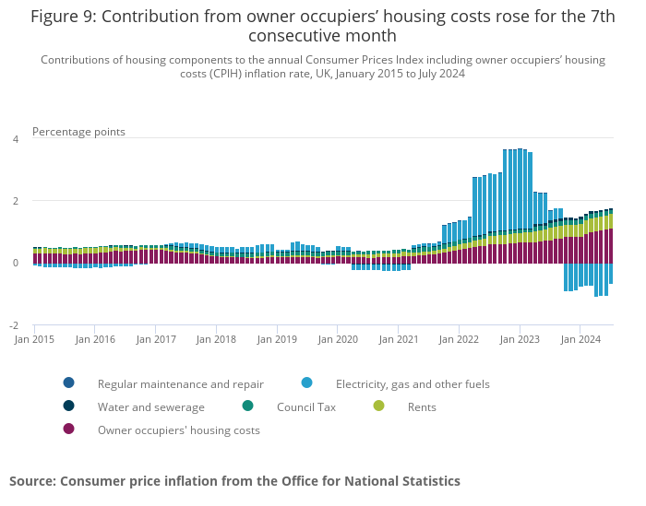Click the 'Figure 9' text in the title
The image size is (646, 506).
(x=64, y=17)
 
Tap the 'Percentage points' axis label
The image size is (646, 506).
(x=78, y=132)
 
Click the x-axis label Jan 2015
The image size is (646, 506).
(x=35, y=339)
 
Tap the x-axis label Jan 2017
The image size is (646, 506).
(x=156, y=339)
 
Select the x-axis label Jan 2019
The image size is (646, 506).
(x=277, y=339)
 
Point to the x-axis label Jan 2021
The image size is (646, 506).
(x=398, y=339)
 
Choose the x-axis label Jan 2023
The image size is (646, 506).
(x=520, y=339)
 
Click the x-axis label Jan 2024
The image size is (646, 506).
(x=580, y=339)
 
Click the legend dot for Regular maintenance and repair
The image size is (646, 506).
(x=68, y=383)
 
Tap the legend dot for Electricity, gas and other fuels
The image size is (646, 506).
(x=306, y=383)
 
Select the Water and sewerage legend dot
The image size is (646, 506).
(x=68, y=406)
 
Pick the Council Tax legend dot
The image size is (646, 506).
(x=247, y=406)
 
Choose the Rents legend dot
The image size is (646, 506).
(x=378, y=406)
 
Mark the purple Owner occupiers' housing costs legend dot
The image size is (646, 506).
(x=68, y=430)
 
